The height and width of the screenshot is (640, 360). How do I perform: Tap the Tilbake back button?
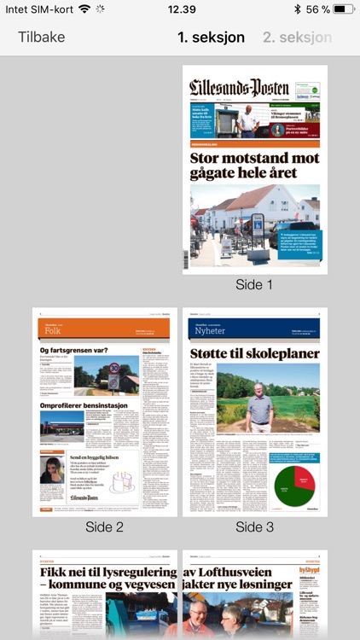[41, 38]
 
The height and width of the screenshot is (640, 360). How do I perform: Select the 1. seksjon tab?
[211, 38]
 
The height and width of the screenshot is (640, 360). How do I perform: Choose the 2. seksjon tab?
[297, 38]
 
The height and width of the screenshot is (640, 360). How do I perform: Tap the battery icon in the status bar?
[344, 9]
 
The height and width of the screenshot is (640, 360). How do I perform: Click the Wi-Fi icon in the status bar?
[84, 9]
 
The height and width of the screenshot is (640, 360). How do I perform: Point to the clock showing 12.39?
[181, 9]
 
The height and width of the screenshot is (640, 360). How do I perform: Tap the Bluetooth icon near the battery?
[297, 9]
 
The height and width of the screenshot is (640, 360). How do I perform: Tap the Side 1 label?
[254, 285]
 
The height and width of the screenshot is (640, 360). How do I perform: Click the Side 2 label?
[104, 527]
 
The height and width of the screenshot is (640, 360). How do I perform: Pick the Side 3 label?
[254, 527]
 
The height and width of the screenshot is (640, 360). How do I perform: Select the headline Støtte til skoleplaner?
[254, 353]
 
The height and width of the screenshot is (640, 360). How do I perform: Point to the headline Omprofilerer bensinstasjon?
[83, 405]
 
